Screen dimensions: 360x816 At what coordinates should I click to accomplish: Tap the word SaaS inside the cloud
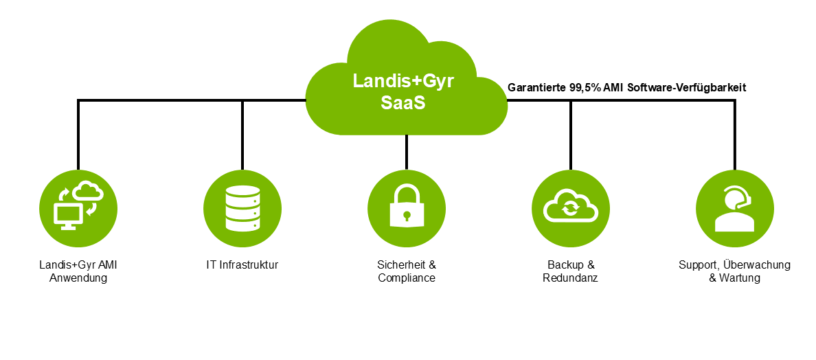403,103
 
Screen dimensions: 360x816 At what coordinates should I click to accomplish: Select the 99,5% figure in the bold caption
585,88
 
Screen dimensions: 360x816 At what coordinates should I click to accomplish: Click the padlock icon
407,206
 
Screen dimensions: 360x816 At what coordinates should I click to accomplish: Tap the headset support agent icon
734,209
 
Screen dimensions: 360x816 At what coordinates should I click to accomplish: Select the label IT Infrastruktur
242,265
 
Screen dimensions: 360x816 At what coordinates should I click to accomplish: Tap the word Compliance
407,278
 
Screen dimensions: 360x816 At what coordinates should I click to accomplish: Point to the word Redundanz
570,278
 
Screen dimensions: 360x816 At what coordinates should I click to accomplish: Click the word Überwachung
760,265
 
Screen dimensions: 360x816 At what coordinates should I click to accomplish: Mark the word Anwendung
78,278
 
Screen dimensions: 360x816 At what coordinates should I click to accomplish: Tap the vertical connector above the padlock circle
407,151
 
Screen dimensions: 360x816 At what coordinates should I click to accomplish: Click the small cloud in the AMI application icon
88,191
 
